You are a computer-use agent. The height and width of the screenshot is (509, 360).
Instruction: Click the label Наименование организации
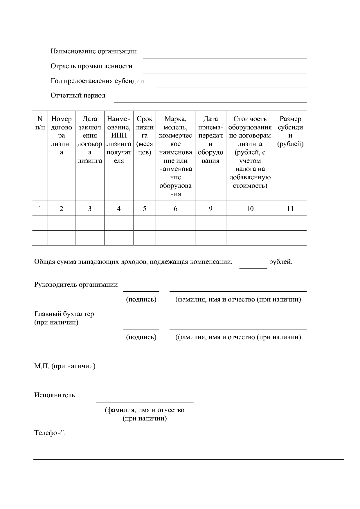[x=93, y=51]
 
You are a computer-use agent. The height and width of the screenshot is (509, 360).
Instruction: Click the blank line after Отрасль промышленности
[x=225, y=72]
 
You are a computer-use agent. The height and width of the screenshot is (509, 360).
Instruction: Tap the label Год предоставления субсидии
[x=97, y=81]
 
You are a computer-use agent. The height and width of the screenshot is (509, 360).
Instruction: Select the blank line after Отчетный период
[x=210, y=102]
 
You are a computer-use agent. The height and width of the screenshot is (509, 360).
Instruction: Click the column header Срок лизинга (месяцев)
[x=145, y=135]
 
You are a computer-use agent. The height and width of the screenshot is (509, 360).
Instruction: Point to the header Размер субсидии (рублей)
[x=290, y=131]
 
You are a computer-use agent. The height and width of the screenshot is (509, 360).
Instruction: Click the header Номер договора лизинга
[x=61, y=135]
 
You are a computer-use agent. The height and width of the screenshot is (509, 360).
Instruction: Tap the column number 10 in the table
[x=250, y=209]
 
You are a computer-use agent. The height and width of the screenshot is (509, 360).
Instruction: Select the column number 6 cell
[x=175, y=209]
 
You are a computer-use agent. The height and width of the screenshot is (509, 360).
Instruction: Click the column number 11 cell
[x=290, y=209]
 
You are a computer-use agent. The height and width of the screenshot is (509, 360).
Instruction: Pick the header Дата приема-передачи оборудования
[x=210, y=140]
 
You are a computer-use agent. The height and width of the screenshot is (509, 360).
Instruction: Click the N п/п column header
[x=40, y=123]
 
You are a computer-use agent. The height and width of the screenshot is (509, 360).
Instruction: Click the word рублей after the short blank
[x=280, y=262]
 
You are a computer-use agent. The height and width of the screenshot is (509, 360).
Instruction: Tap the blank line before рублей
[x=253, y=268]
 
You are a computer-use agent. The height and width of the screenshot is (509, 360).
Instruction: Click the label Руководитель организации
[x=76, y=284]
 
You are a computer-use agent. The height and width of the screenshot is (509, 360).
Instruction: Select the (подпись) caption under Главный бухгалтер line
[x=141, y=337]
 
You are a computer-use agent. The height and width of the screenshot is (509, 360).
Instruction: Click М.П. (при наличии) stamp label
[x=65, y=366]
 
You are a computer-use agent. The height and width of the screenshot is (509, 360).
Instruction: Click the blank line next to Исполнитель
[x=145, y=402]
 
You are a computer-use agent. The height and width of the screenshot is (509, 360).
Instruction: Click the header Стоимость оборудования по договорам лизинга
[x=250, y=152]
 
